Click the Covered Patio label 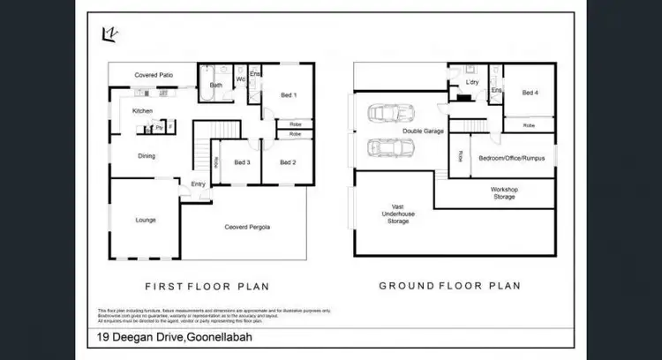click(x=154, y=76)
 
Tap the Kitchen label click(x=143, y=111)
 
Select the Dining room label click(x=147, y=156)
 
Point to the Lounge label click(x=146, y=220)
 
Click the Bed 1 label click(x=289, y=94)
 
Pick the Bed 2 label click(x=288, y=162)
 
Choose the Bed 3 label click(x=243, y=162)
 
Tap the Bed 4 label click(x=530, y=93)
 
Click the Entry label click(x=199, y=184)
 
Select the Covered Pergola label click(x=247, y=228)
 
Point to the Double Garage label click(x=423, y=131)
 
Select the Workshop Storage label click(x=505, y=193)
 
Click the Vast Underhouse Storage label click(x=398, y=213)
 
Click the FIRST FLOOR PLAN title click(x=207, y=286)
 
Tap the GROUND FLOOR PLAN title click(x=449, y=286)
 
